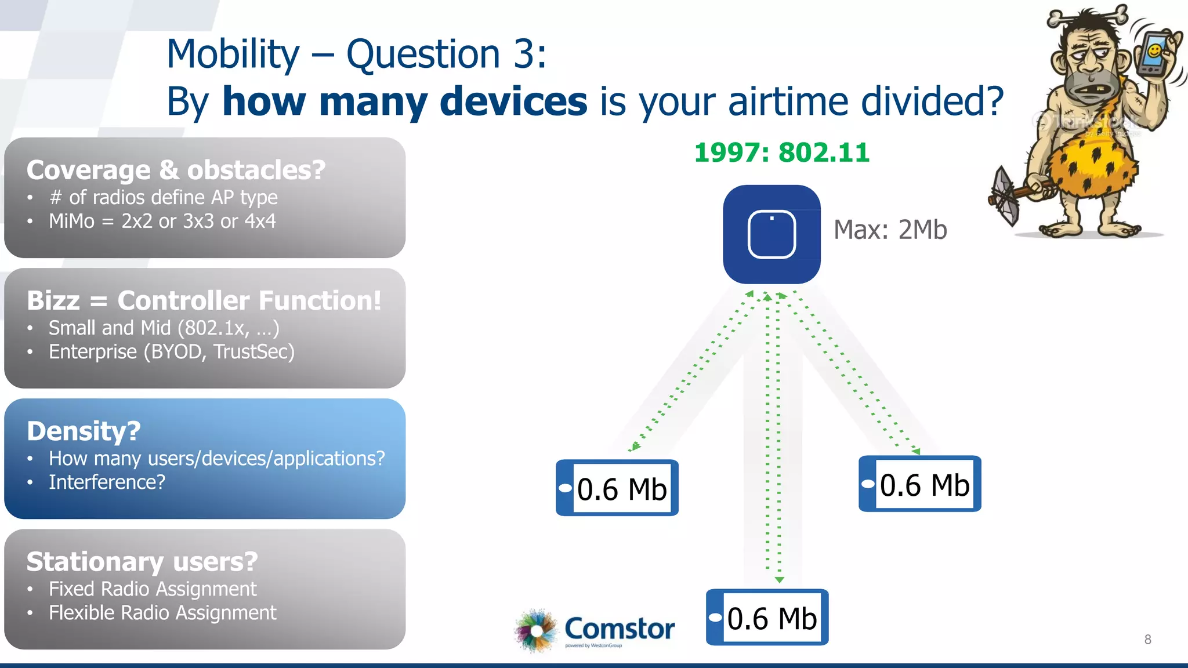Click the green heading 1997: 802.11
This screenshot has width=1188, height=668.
coord(781,153)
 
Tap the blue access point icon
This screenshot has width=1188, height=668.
coord(772,234)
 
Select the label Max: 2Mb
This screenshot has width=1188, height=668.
coord(890,230)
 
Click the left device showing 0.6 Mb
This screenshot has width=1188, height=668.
coord(617,488)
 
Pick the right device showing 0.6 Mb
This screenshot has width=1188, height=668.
coord(920,484)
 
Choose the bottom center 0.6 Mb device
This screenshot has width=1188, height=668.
coord(767,618)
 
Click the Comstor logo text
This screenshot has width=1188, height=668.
coord(619,629)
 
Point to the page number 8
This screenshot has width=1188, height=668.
coord(1147,640)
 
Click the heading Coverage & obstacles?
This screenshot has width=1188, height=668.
coord(176,170)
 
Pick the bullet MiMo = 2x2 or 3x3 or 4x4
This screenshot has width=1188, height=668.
coord(162,222)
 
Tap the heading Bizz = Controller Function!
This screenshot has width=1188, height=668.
coord(204,300)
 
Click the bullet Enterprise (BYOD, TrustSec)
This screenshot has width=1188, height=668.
coord(171,352)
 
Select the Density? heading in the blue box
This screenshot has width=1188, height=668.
coord(84,431)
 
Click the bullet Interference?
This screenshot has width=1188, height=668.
coord(107,482)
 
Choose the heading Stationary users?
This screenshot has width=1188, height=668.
coord(142,561)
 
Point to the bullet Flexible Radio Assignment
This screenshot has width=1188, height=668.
coord(162,613)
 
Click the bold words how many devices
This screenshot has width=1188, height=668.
coord(404,101)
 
